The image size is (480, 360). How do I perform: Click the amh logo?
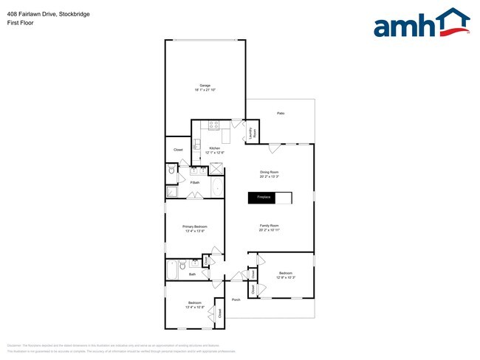[x=422, y=24]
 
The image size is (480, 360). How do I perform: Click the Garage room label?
[x=205, y=88]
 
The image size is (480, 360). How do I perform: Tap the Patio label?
[x=281, y=113]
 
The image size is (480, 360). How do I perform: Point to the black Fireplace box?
[x=264, y=198]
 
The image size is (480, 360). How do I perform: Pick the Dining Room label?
[x=269, y=174]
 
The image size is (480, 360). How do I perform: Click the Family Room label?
[x=269, y=227]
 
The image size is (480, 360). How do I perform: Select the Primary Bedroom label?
[x=195, y=229]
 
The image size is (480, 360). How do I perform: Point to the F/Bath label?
[x=195, y=182]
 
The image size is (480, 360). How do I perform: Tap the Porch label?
[x=236, y=300]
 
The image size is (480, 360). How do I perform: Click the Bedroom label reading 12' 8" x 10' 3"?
[x=286, y=275]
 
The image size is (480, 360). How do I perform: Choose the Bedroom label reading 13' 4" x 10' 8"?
[x=195, y=305]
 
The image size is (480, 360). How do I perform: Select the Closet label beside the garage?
[x=178, y=150]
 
